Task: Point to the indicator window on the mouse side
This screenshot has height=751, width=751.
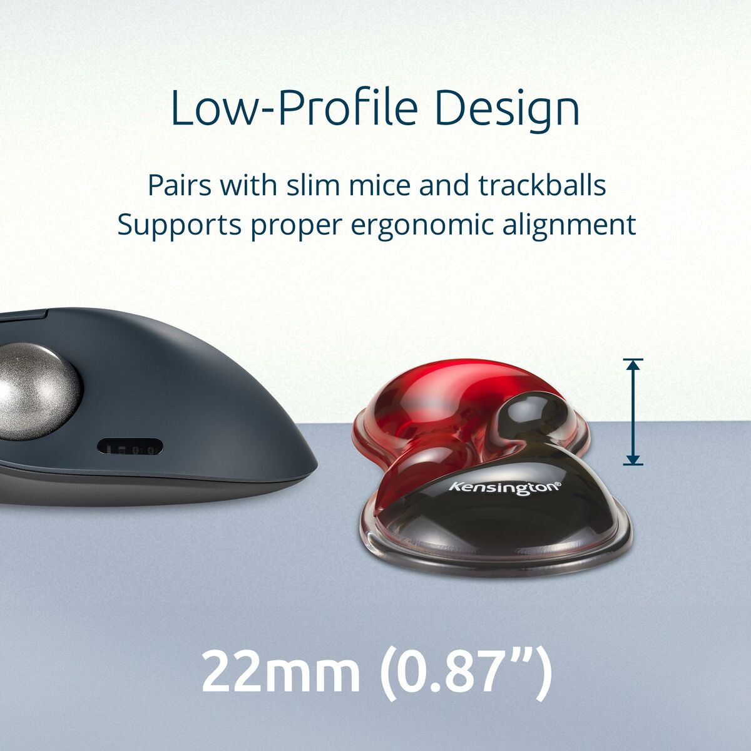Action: point(130,447)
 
